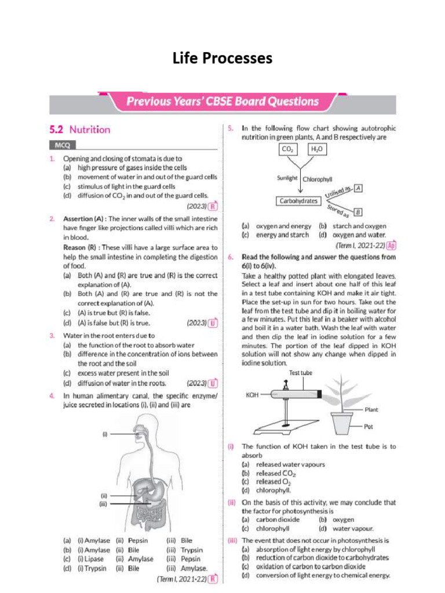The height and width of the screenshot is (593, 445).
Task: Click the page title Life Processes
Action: (222, 58)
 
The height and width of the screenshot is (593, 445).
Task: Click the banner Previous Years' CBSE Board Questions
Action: (222, 101)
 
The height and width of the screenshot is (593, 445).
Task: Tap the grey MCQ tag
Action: (62, 145)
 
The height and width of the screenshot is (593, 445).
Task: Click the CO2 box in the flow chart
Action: (287, 150)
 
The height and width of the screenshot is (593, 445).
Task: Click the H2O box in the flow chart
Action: (319, 150)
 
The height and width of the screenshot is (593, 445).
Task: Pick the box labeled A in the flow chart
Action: (359, 188)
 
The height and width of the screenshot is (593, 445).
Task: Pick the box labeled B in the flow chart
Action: (358, 212)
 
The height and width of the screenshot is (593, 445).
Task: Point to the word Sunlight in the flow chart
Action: (287, 179)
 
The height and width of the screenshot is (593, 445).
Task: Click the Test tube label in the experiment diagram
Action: (301, 373)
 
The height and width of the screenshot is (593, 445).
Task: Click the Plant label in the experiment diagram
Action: (371, 409)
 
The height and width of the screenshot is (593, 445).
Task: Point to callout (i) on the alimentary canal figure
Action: (105, 433)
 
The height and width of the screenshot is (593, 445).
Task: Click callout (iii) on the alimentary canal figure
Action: (104, 504)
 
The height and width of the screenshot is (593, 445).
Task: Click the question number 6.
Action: (230, 256)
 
